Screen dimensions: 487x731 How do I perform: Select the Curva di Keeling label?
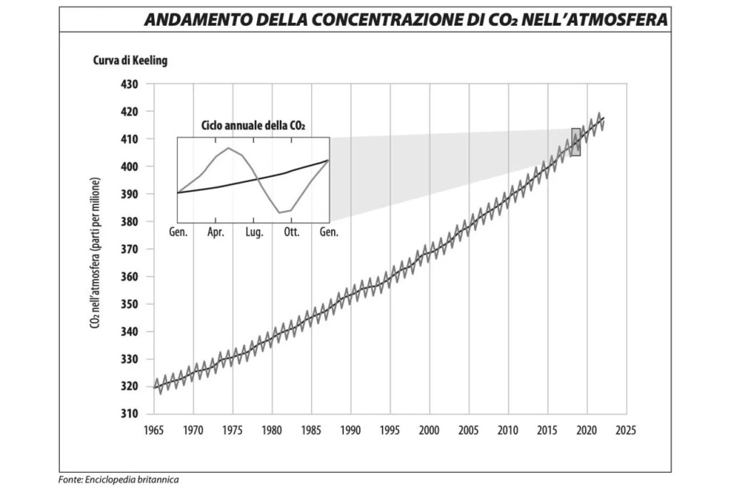(x=130, y=61)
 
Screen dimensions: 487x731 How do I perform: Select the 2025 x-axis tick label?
(x=625, y=431)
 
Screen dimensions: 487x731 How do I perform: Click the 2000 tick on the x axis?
(x=429, y=431)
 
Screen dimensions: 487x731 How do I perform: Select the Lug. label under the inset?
(x=255, y=233)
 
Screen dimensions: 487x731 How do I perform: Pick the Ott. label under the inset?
(x=291, y=233)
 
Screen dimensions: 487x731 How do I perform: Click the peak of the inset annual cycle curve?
(x=228, y=148)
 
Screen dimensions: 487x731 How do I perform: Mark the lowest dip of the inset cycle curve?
(x=281, y=212)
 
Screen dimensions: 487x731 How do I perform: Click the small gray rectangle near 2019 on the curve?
(x=576, y=142)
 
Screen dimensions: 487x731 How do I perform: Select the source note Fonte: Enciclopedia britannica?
(x=119, y=479)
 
